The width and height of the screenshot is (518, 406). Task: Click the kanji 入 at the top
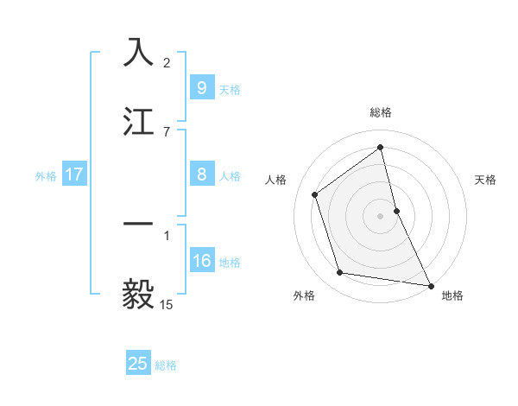pos(139,53)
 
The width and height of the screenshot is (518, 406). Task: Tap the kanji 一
pos(139,224)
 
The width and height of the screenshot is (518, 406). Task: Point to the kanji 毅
pos(139,294)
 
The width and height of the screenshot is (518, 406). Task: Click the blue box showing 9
pos(201,88)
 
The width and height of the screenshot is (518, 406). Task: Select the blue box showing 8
pos(201,174)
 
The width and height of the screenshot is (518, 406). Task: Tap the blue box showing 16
pos(202,261)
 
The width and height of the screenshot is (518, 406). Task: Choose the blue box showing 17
pos(74,174)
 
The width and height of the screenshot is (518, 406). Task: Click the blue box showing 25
pos(138,364)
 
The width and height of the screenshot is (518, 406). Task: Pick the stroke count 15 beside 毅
pos(167,304)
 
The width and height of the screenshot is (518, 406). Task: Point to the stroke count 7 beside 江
pos(167,132)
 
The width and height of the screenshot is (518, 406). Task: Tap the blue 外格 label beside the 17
pos(46,176)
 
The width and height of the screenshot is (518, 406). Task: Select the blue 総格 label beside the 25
pos(166,365)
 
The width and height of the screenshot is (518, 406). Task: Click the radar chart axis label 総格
pos(381,112)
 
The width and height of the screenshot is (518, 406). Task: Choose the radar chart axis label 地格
pos(452,295)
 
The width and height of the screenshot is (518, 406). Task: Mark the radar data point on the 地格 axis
pos(430,285)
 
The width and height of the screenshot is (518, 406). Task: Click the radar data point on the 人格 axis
pos(315,194)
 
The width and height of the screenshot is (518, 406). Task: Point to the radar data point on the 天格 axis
pos(396,211)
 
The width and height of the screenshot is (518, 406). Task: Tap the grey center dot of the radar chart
pos(381,216)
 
